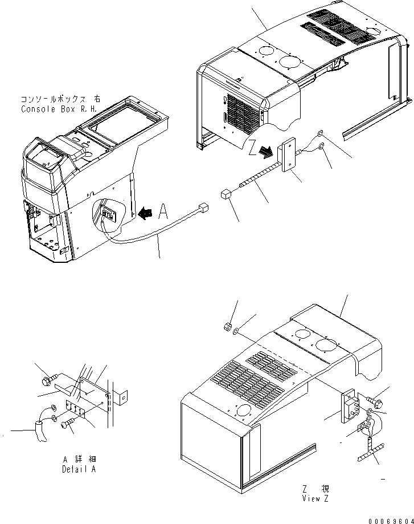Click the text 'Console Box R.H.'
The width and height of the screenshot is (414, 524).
tap(58, 109)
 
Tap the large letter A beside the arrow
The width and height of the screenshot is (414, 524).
tap(163, 212)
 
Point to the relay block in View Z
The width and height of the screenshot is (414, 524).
tap(349, 407)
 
